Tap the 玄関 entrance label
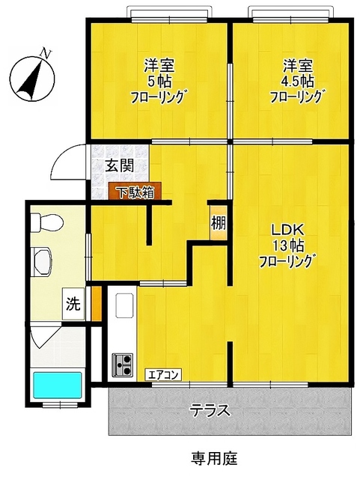pos(120,166)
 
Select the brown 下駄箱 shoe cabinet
pos(135,192)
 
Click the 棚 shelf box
pos(219,224)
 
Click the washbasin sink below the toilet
pos(41,262)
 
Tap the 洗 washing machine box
pos(73,304)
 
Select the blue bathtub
pos(58,385)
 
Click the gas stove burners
pos(122,364)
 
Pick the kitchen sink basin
pos(125,305)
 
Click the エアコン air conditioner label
pos(163,374)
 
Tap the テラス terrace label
pos(210,410)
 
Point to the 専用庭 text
pos(214,458)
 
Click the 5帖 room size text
pos(159,82)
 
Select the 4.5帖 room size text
pos(297,82)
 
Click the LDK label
pos(287,230)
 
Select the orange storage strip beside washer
pos(97,304)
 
